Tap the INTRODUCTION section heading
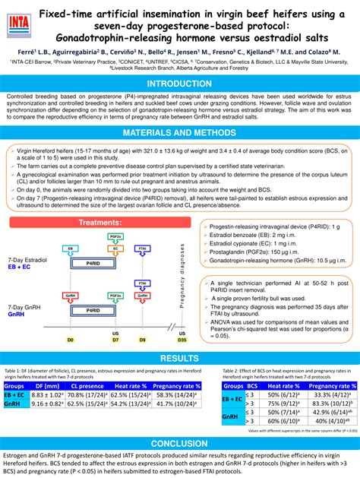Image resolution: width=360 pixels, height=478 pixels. click(x=179, y=84)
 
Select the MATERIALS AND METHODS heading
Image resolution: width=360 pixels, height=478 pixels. click(x=179, y=133)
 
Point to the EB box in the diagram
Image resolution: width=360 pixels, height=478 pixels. click(x=71, y=248)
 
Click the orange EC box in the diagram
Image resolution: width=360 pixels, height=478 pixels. click(x=116, y=248)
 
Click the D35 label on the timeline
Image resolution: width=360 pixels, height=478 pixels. click(x=182, y=339)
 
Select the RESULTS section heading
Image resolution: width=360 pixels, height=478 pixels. click(x=179, y=357)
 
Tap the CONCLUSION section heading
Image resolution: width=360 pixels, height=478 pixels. click(x=179, y=443)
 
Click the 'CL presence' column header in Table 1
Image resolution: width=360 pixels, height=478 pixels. click(x=87, y=385)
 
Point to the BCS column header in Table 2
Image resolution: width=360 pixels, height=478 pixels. click(x=252, y=386)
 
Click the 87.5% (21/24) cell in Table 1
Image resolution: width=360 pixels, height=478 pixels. click(x=87, y=405)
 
